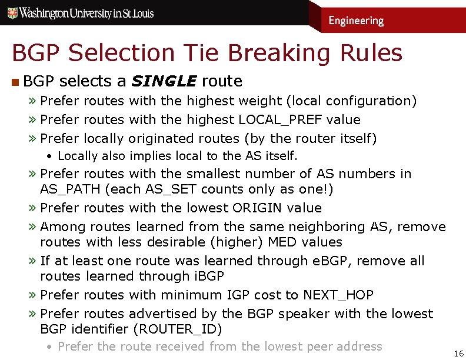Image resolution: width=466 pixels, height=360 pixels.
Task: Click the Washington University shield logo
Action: coord(11,13)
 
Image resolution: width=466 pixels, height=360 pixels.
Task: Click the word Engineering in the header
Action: coord(355,21)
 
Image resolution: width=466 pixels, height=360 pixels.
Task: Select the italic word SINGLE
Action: coord(164,81)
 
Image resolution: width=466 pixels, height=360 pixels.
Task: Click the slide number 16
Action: coord(458,353)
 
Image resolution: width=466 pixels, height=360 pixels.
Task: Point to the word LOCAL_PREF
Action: coord(279,120)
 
